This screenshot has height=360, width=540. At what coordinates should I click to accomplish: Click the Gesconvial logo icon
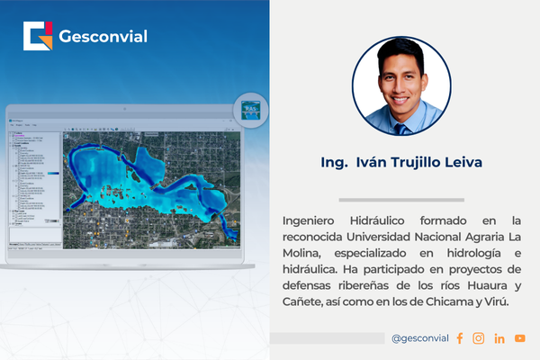pyautogui.click(x=39, y=36)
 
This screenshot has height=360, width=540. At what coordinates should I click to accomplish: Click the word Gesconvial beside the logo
pyautogui.click(x=103, y=37)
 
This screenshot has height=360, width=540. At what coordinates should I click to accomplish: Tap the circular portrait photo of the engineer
pyautogui.click(x=401, y=86)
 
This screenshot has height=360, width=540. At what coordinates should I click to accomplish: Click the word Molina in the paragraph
pyautogui.click(x=303, y=253)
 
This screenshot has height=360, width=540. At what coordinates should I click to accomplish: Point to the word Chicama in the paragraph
pyautogui.click(x=443, y=301)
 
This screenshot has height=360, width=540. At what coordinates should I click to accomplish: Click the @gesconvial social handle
pyautogui.click(x=419, y=338)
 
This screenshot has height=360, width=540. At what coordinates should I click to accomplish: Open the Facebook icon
pyautogui.click(x=460, y=338)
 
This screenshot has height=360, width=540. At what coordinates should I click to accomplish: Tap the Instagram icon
pyautogui.click(x=479, y=338)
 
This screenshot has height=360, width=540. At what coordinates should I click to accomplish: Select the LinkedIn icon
pyautogui.click(x=499, y=338)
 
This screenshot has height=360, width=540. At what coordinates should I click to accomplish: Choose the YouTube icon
pyautogui.click(x=520, y=338)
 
